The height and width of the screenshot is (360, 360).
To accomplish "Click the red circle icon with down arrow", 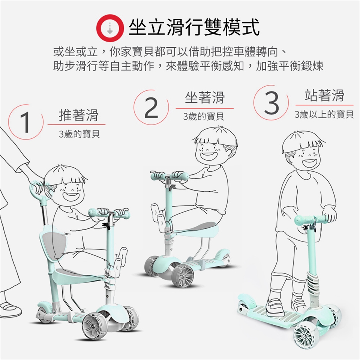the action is coord(110,28).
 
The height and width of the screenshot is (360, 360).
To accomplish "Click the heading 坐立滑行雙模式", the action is coord(194,27).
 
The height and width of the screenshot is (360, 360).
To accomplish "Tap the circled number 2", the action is coord(151,107).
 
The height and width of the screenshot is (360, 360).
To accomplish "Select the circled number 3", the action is coord(271,103).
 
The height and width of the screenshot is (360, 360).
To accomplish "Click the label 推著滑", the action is coord(78,115).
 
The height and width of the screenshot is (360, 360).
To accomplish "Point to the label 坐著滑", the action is coord(205,97).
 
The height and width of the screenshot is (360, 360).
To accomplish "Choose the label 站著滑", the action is coord(324,95).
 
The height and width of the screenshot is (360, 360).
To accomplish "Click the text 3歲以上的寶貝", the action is coord(324,114).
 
